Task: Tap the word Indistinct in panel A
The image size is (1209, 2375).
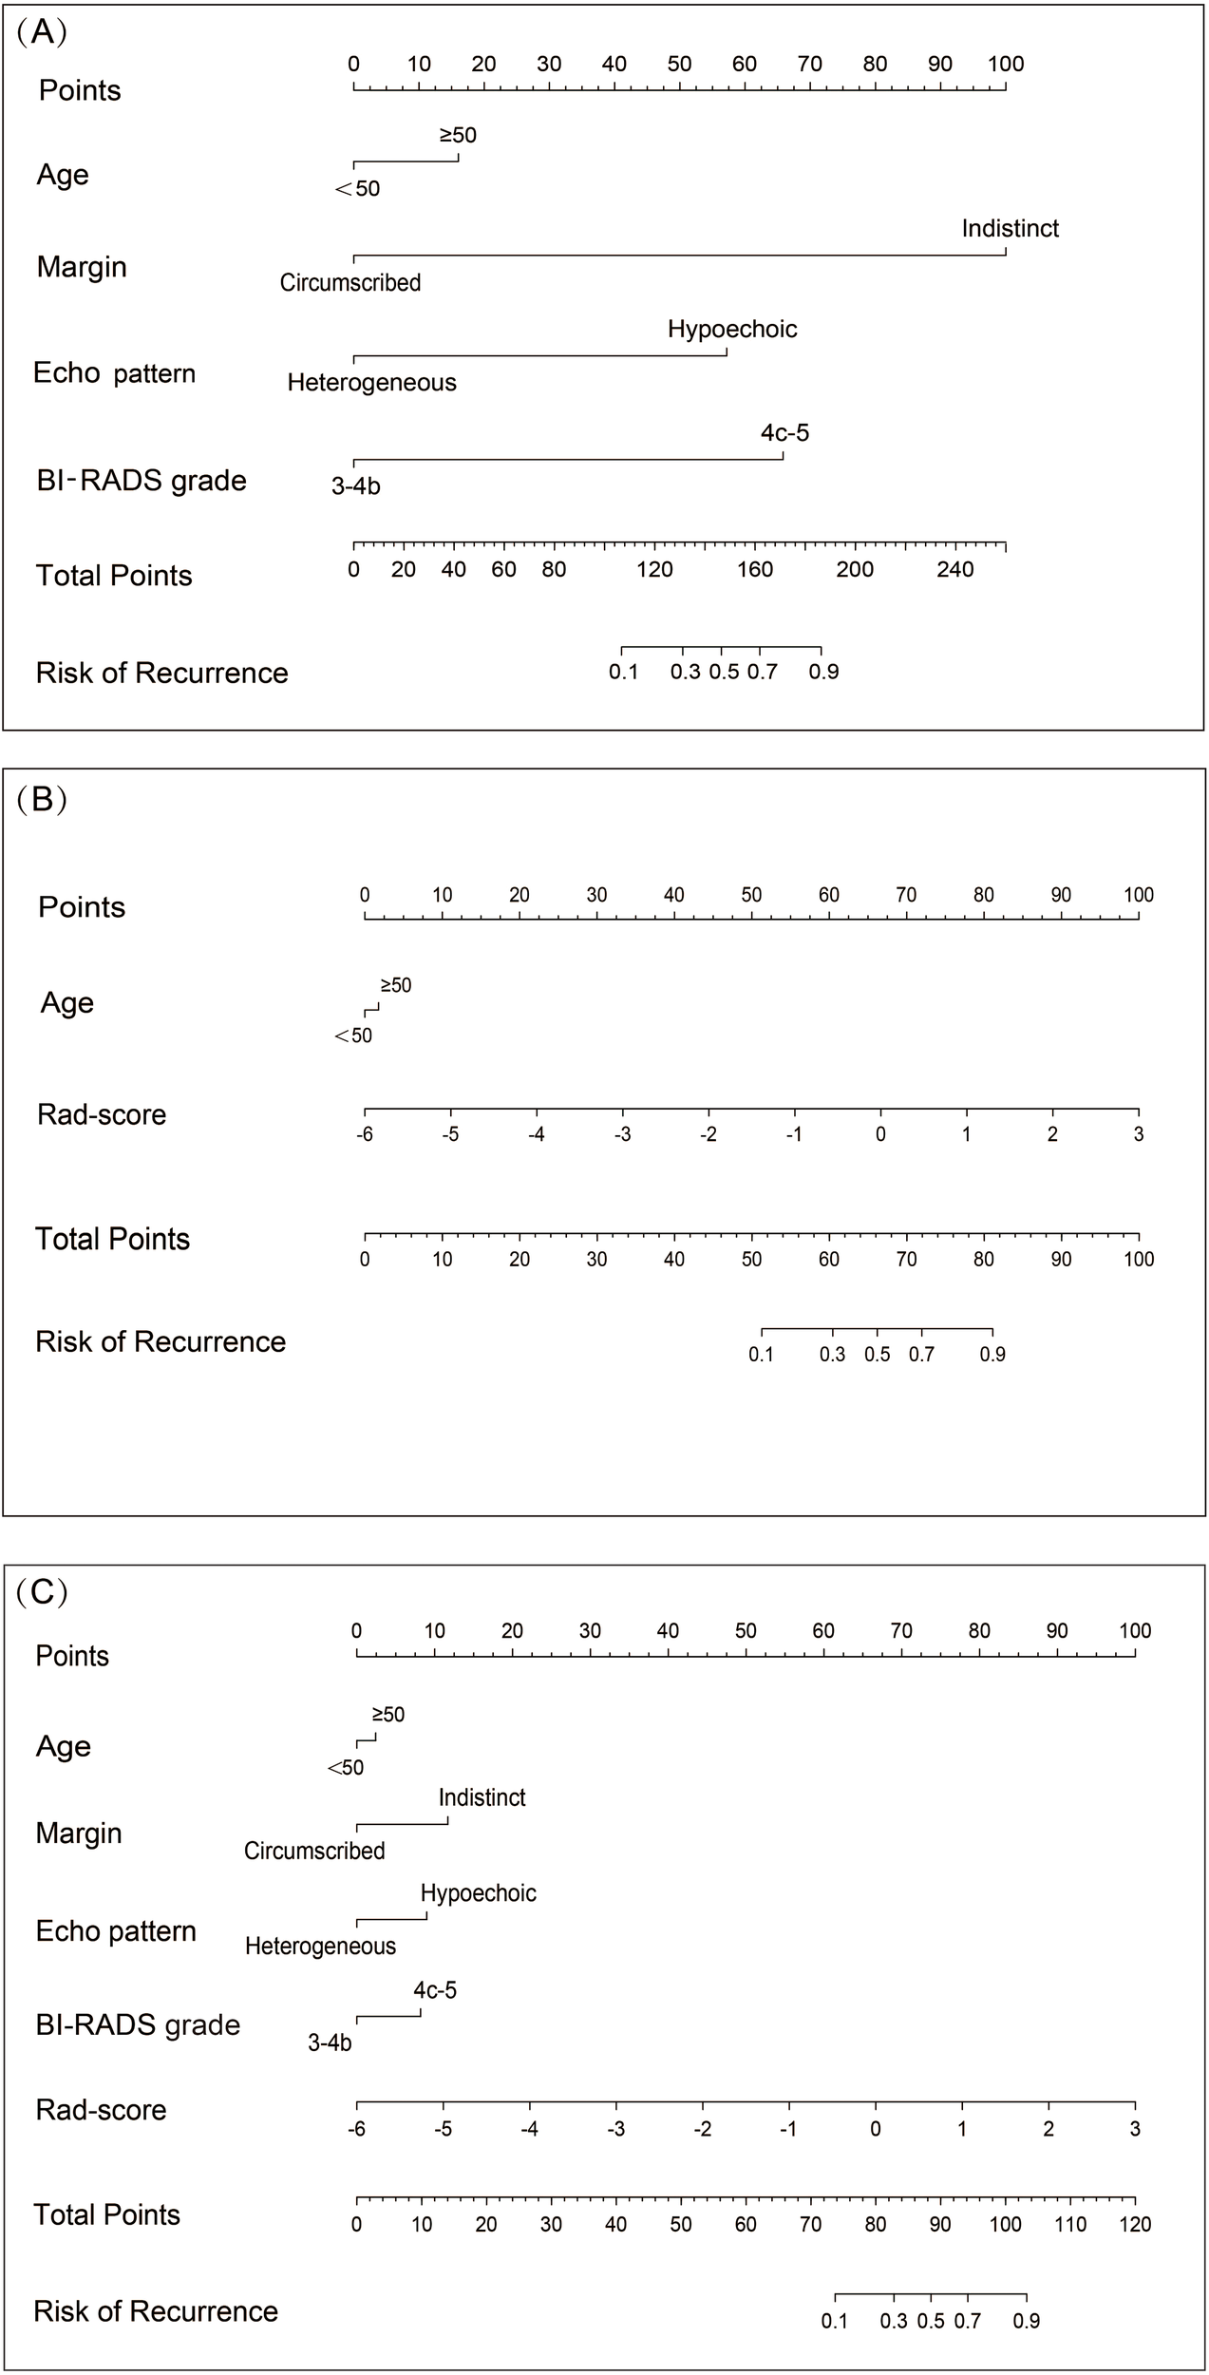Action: coord(1010,228)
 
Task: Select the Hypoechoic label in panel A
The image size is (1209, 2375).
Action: coord(732,329)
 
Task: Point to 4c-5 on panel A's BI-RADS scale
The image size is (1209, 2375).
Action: coord(784,433)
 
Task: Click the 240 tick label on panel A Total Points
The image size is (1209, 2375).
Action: coord(955,569)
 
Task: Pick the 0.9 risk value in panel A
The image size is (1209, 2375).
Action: coord(823,672)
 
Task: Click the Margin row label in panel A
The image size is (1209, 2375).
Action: coord(82,267)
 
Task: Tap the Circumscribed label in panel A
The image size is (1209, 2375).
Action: coord(349,282)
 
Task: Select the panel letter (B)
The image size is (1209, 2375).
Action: coord(42,799)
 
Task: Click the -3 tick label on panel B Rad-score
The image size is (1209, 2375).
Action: coord(622,1133)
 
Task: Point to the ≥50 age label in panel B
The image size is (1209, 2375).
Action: coord(396,985)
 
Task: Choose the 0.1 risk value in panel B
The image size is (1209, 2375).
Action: coord(761,1354)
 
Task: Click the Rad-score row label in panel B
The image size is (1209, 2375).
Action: coord(102,1114)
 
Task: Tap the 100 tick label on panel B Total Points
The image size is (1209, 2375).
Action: coord(1139,1259)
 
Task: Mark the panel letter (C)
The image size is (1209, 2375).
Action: coord(42,1591)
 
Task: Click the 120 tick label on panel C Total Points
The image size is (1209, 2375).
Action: coord(1135,2224)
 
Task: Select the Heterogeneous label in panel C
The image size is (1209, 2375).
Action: coord(320,1946)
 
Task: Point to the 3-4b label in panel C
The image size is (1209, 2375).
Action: coord(330,2042)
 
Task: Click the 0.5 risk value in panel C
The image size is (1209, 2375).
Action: coord(931,2321)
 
